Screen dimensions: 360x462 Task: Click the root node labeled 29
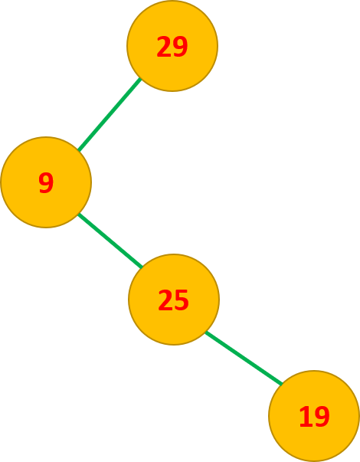172,46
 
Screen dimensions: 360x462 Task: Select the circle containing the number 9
46,182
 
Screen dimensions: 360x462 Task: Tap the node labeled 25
174,300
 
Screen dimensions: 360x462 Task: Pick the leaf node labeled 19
314,416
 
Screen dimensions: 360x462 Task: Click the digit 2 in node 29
164,46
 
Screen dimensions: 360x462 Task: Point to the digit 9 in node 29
180,46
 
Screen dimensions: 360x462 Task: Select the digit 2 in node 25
165,300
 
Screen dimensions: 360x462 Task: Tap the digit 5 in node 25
182,300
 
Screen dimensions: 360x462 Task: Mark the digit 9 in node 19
322,416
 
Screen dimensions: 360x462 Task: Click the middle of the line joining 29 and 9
110,115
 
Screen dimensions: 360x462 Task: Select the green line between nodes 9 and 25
110,241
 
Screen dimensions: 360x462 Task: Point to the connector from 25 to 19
244,358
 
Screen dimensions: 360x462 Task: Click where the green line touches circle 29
141,79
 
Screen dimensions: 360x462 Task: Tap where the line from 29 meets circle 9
78,151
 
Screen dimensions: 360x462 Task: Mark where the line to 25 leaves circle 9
78,214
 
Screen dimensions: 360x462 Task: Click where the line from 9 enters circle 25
142,267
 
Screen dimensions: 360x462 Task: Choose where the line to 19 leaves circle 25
205,332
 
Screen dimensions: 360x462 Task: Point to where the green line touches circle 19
282,384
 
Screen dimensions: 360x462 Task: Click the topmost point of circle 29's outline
172,0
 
